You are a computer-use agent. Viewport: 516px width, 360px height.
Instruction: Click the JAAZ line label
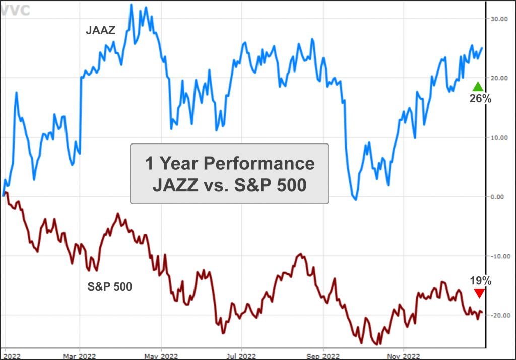100,31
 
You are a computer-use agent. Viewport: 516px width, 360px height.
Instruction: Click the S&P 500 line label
110,287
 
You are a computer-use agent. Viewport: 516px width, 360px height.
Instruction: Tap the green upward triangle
478,86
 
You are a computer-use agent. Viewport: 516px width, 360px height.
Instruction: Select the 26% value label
480,99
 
